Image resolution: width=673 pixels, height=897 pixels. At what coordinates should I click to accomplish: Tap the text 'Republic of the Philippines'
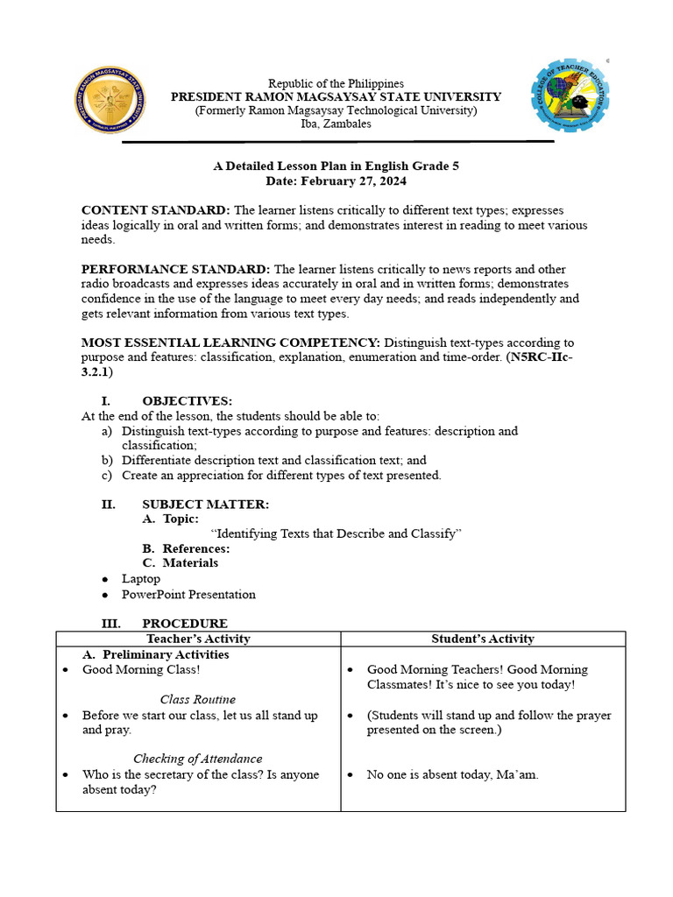click(x=336, y=83)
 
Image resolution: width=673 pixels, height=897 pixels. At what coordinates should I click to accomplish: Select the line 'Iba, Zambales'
click(x=336, y=124)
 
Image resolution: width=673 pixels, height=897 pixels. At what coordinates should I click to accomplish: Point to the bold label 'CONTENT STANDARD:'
click(x=156, y=210)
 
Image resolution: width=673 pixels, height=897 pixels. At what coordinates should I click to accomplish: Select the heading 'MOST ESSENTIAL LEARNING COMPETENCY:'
click(x=230, y=343)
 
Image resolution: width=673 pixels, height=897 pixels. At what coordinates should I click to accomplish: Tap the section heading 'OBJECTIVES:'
click(x=187, y=401)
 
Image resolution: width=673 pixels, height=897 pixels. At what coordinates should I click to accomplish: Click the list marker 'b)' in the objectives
click(x=107, y=460)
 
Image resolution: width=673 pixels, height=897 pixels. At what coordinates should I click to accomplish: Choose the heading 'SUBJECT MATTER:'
click(x=205, y=505)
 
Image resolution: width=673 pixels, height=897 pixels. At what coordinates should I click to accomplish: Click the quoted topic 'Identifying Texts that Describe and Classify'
click(x=336, y=533)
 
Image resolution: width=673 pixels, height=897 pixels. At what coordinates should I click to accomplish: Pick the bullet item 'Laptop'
click(x=140, y=579)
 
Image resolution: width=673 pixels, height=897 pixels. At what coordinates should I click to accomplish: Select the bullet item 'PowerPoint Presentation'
click(x=188, y=595)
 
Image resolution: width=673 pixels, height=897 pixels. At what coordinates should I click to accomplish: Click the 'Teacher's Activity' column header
click(x=198, y=639)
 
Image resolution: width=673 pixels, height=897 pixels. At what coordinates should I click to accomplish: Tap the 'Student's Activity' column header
click(x=483, y=639)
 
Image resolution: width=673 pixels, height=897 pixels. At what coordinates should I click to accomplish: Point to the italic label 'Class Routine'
click(x=198, y=699)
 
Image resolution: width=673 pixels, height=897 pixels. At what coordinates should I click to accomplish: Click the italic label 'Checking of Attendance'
click(x=198, y=759)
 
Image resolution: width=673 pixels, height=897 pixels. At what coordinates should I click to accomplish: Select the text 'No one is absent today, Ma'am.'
click(x=453, y=774)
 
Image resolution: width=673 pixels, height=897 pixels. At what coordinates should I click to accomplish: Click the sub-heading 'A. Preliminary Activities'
click(x=156, y=654)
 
